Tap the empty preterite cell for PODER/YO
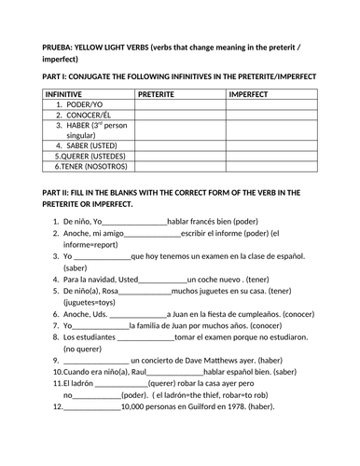pyautogui.click(x=179, y=104)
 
